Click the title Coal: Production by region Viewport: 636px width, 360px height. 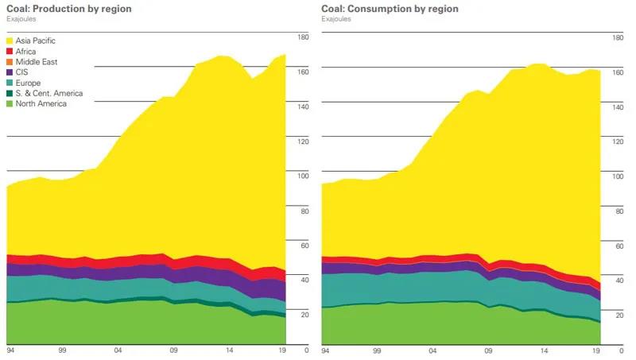68,9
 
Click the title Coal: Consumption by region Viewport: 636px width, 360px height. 390,9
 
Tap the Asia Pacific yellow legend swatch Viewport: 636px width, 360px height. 10,41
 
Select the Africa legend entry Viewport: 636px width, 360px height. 26,51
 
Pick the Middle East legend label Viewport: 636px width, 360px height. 37,61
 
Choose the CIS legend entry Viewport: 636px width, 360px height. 22,72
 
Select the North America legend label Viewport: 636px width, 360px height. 41,103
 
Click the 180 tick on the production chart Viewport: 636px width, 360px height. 302,37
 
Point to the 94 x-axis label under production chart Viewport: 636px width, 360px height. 11,350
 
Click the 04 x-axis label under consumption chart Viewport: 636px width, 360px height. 433,350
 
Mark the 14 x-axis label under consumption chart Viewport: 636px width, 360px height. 544,350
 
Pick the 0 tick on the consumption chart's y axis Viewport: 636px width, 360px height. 622,350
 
